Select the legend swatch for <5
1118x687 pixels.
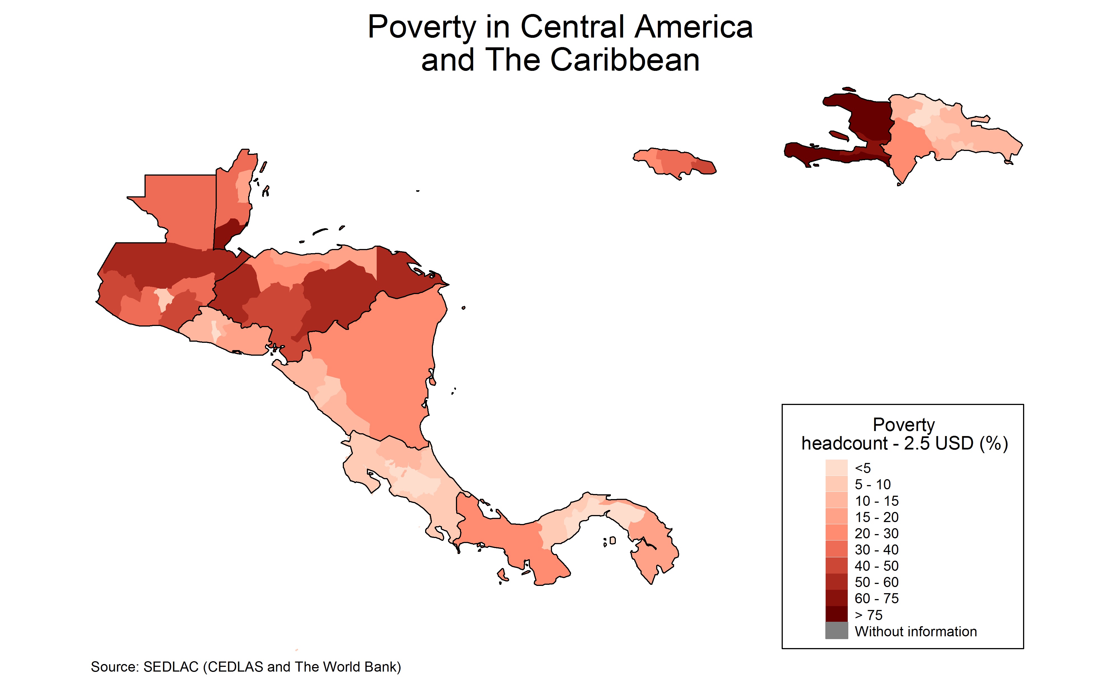[x=836, y=467]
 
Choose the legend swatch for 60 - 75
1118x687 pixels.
[x=836, y=598]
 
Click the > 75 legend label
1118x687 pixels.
[x=868, y=615]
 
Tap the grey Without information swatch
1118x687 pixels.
[x=836, y=631]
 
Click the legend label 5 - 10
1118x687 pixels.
[x=872, y=484]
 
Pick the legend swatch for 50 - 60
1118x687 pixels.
[x=836, y=582]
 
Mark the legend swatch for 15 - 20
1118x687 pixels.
[x=836, y=517]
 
